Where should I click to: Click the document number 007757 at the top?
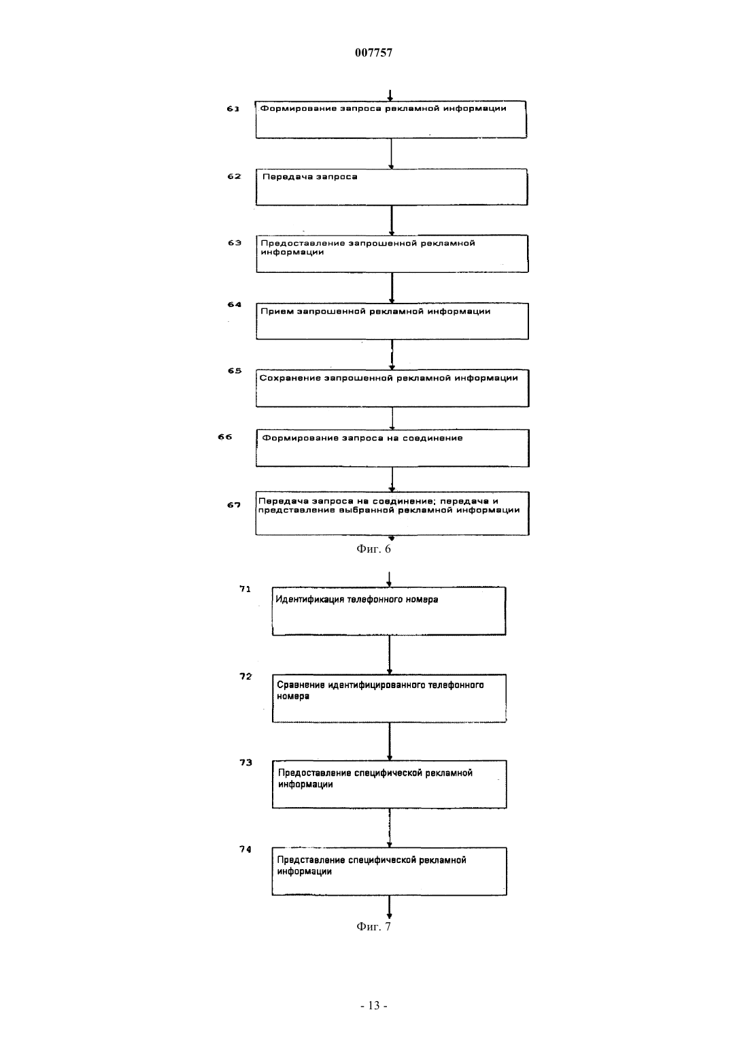coord(373,52)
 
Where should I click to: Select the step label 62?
coord(234,176)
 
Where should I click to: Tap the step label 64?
coord(234,304)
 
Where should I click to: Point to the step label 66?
coord(225,437)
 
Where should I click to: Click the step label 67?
coord(234,505)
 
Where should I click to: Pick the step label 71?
coord(245,589)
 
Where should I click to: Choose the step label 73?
coord(245,762)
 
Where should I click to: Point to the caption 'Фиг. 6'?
coord(373,549)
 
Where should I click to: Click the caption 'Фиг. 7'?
coord(373,926)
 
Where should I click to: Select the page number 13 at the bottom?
coord(374,1006)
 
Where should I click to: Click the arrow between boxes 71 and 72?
coord(390,655)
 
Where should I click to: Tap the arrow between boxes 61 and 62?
coord(391,154)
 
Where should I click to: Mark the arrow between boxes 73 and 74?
coord(390,828)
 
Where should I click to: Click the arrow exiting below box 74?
coord(389,907)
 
